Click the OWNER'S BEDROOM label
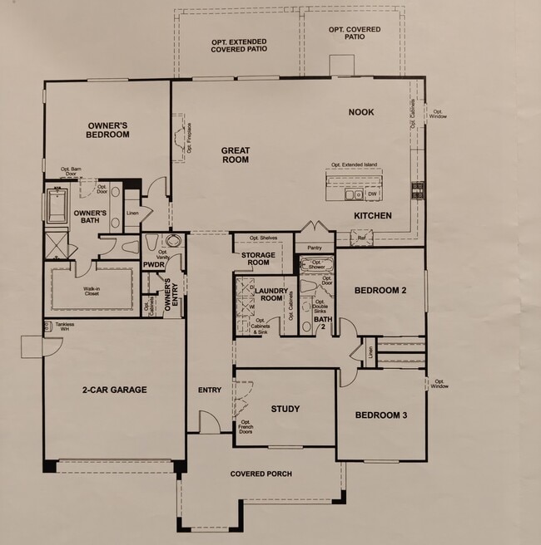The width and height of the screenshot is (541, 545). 108,130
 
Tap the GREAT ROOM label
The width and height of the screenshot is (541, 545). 236,155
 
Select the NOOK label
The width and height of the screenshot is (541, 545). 361,112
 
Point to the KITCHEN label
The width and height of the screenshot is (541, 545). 372,215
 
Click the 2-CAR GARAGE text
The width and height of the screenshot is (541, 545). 115,390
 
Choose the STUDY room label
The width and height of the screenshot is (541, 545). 285,409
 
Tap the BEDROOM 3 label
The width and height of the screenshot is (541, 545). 380,415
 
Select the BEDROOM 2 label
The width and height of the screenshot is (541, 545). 380,291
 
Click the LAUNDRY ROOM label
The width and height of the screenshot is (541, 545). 273,294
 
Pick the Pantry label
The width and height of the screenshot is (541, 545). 314,248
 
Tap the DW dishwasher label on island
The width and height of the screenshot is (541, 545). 372,194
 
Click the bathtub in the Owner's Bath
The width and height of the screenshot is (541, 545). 57,207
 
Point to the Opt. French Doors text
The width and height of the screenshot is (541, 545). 246,427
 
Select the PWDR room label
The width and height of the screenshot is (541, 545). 152,265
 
